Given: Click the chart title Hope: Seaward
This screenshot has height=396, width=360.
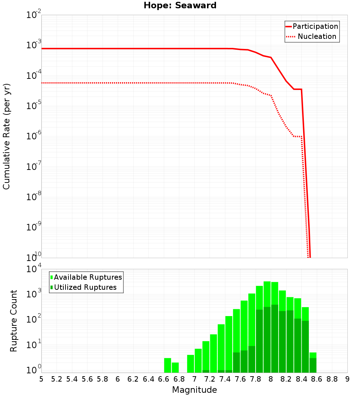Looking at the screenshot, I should (x=180, y=6).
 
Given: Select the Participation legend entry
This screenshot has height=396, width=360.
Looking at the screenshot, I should (x=315, y=27).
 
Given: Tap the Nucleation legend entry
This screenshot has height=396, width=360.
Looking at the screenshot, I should (x=316, y=37).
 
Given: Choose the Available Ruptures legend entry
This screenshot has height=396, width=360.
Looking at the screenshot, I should (x=88, y=278).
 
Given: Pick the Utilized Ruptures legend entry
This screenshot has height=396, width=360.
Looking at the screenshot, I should (x=85, y=288).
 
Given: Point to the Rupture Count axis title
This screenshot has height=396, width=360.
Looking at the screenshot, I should (x=14, y=320).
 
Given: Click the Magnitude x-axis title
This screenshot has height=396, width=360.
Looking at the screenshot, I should (x=194, y=390).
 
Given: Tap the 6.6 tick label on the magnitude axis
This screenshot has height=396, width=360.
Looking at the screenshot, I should (x=164, y=379).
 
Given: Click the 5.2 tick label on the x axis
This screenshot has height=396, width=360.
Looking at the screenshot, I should (x=57, y=379).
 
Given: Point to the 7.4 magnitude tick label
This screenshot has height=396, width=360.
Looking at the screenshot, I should (x=225, y=379).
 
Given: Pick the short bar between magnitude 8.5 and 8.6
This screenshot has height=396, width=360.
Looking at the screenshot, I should (x=313, y=363).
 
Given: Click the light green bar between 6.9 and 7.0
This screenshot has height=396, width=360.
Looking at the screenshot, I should (x=190, y=364).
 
